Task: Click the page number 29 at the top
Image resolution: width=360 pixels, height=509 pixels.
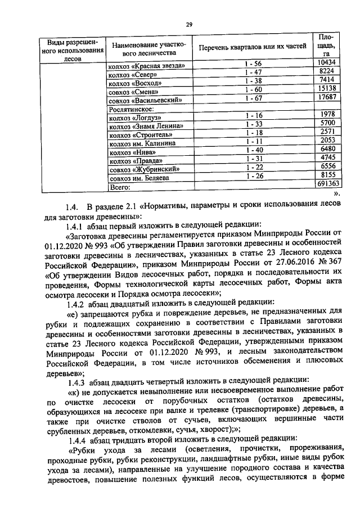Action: [x=190, y=24]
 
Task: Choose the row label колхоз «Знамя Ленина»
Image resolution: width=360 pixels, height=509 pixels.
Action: [x=146, y=127]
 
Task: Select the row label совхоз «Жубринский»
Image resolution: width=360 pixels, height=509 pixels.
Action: [x=145, y=169]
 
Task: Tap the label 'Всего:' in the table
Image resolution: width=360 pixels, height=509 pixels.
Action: [x=120, y=186]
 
